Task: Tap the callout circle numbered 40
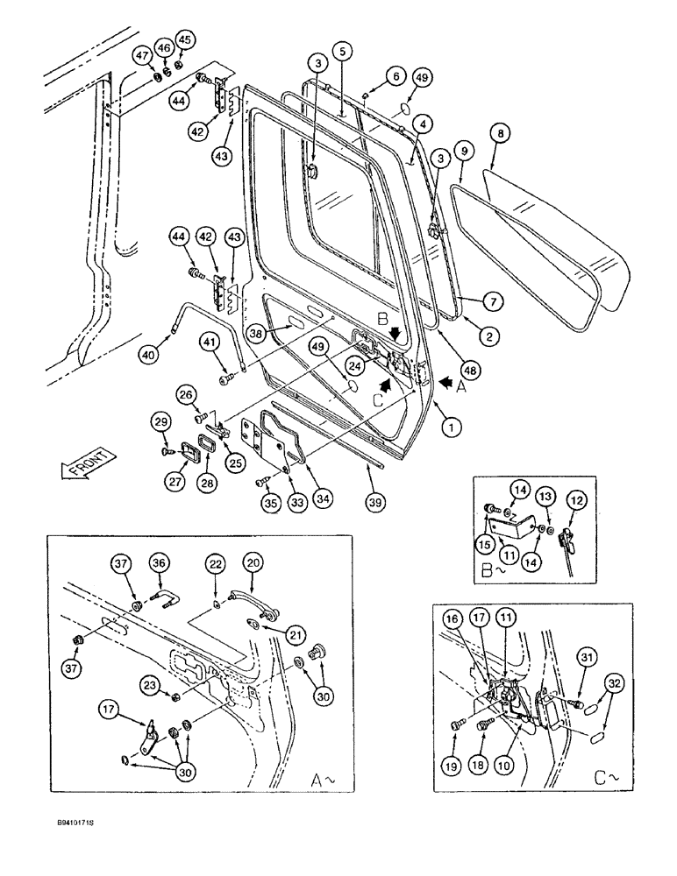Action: [x=149, y=355]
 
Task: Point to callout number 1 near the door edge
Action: [x=451, y=427]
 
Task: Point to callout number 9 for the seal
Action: [x=465, y=150]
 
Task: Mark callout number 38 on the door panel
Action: [x=231, y=333]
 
